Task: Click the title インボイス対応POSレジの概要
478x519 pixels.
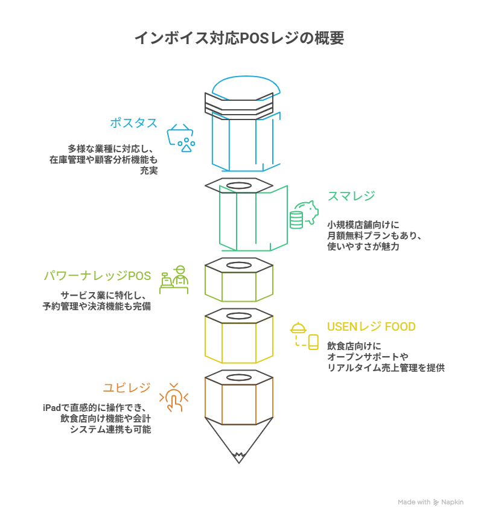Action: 239,39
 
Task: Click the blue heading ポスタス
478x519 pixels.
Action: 133,123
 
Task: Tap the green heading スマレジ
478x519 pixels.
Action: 351,196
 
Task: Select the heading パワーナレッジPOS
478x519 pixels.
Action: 97,276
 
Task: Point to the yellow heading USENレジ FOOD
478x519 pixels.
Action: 371,327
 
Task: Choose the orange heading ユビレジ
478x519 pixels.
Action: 127,387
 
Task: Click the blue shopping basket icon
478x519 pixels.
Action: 182,138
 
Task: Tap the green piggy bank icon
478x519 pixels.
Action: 304,214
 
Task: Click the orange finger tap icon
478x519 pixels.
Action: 174,397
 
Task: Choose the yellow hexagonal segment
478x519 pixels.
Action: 239,338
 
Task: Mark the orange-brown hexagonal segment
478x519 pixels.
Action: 239,398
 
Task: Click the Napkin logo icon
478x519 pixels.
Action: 436,502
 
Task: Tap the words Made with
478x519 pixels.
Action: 414,502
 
